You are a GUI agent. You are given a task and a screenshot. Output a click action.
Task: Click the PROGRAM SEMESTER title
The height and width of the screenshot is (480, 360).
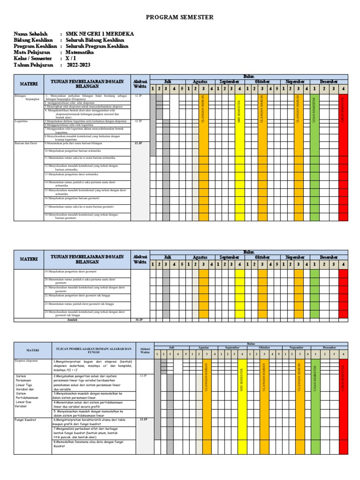180,17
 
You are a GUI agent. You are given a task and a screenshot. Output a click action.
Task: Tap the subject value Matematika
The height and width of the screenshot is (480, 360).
80,52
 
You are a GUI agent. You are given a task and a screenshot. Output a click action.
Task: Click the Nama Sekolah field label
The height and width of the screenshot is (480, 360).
31,34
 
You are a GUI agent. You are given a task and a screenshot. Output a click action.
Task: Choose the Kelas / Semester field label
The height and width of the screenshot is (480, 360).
33,59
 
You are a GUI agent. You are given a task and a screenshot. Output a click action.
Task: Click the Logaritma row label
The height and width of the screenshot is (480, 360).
22,121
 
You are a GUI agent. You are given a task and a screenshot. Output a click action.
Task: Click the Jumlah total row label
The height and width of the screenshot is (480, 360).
73,320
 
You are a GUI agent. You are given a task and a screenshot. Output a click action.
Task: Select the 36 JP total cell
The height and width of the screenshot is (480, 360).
139,320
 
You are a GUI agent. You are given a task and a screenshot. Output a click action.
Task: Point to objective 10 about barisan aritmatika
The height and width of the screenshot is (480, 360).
73,151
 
